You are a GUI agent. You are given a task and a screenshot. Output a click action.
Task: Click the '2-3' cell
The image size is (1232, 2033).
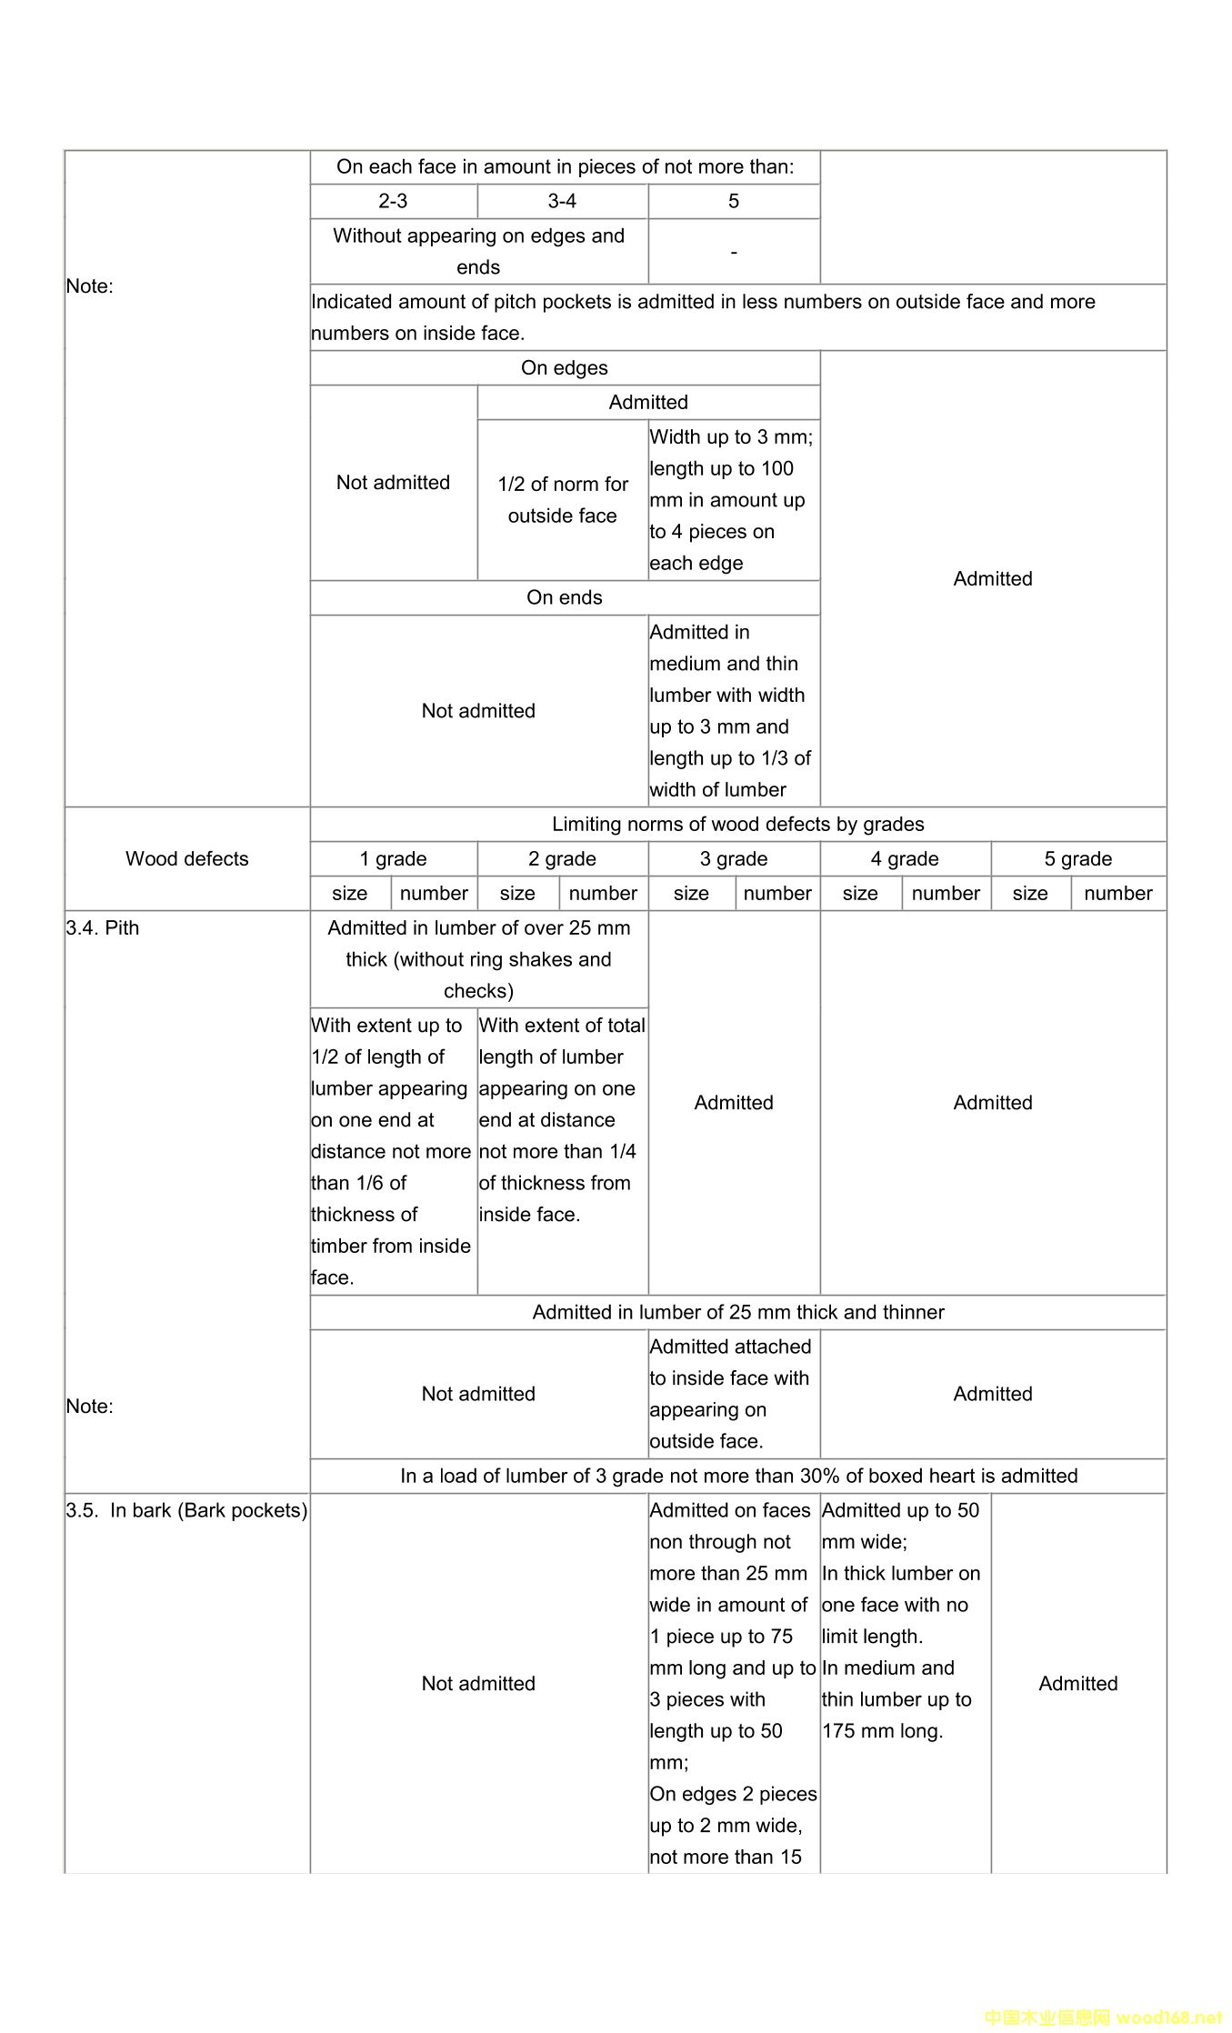point(393,201)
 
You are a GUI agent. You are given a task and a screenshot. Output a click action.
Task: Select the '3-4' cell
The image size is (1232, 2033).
point(562,201)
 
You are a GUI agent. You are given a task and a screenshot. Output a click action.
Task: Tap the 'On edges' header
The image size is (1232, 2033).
point(564,367)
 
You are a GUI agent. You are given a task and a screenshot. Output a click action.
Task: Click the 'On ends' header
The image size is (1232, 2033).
point(564,597)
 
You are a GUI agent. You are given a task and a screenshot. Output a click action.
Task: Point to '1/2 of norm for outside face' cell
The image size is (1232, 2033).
point(562,499)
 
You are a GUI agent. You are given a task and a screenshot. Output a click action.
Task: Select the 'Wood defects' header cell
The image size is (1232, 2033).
point(186,858)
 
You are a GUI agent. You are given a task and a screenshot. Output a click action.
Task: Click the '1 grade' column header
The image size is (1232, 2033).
point(393,858)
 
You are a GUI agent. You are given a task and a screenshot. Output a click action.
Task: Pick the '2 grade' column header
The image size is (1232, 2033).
point(562,858)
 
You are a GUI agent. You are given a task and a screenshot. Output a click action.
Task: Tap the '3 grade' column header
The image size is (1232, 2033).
point(733,858)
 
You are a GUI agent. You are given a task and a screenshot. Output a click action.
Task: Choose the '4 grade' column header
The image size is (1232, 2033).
point(904,858)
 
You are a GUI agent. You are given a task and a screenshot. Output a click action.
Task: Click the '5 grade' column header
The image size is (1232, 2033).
point(1077,858)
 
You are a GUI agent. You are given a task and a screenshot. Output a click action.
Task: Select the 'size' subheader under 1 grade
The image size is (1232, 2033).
point(349,893)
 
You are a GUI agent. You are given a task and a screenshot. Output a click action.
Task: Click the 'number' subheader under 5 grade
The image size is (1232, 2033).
point(1117,893)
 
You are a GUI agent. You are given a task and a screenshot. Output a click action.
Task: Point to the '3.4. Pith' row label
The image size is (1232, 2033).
point(103,927)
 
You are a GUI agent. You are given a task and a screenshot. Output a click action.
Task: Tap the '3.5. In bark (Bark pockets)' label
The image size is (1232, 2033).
point(186,1510)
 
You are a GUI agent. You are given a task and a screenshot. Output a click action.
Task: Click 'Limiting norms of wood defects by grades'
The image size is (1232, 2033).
point(737,824)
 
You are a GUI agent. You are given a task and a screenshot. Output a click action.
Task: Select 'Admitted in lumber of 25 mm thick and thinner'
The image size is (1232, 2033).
point(737,1312)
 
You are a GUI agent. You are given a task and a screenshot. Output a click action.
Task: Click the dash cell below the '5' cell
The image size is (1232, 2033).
point(733,251)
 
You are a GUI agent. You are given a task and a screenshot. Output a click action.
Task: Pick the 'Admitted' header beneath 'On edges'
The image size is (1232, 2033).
point(647,402)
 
